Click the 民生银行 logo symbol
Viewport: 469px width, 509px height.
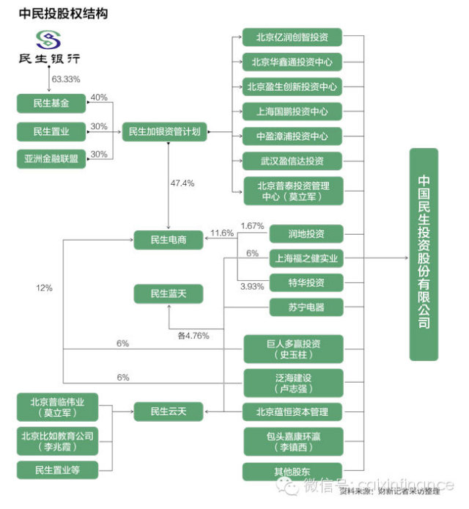(x=49, y=40)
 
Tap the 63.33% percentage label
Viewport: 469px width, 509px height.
(x=66, y=78)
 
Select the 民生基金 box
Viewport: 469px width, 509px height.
(x=51, y=103)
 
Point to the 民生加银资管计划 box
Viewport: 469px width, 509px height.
(x=163, y=132)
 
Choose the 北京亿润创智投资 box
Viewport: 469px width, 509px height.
(x=292, y=37)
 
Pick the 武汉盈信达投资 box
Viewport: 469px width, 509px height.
(x=292, y=161)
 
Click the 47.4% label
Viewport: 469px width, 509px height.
(x=182, y=183)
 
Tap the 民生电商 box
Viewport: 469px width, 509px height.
(x=169, y=239)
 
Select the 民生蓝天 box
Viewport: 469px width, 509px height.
(x=169, y=293)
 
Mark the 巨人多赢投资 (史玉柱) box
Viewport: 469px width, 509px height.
(x=292, y=349)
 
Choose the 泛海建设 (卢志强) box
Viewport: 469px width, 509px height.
(x=292, y=383)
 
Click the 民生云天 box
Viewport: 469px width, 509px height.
(x=169, y=411)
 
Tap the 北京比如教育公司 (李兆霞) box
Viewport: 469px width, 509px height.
(x=57, y=441)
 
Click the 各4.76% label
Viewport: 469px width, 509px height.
(x=193, y=336)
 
